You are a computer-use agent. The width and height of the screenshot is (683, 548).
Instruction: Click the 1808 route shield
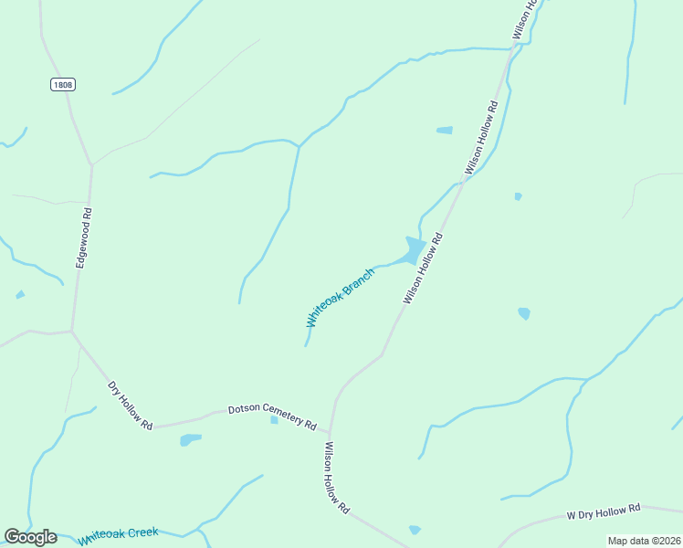(x=63, y=84)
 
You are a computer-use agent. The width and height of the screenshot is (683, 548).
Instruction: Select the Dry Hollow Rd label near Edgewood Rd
(x=130, y=405)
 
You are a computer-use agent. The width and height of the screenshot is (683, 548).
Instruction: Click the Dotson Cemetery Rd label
(x=272, y=416)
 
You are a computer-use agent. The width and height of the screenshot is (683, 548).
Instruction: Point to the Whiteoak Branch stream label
(x=340, y=298)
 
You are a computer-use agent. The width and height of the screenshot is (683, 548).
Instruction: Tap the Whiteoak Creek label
(x=118, y=536)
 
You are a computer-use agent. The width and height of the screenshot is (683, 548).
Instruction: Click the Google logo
(x=30, y=537)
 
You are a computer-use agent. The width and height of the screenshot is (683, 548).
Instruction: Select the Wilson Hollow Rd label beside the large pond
(x=423, y=269)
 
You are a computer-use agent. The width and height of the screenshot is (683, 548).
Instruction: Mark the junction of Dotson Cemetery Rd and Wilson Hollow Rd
(x=330, y=432)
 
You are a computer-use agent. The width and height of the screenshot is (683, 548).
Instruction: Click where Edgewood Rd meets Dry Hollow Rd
(x=72, y=331)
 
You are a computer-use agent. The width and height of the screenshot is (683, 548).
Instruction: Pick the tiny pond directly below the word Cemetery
(x=274, y=420)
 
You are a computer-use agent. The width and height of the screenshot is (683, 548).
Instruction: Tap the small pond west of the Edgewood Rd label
(x=20, y=294)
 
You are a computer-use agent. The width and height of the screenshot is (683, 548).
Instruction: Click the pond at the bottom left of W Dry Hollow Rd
(x=415, y=529)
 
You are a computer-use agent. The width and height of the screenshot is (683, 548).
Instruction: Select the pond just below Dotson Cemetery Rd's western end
(x=190, y=439)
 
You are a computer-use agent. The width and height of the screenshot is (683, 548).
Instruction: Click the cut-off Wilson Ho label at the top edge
(x=521, y=20)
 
